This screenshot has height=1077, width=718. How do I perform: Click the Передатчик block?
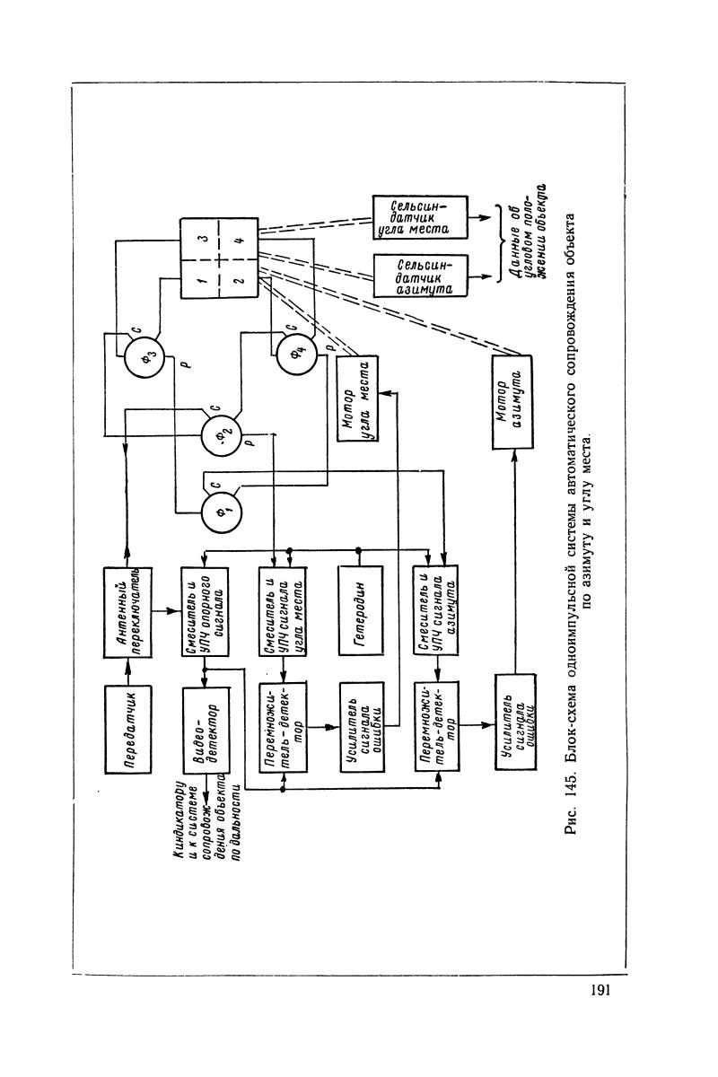click(x=128, y=732)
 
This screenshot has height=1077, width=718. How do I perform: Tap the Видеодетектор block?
click(x=206, y=732)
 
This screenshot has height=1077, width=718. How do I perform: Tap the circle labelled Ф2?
click(x=221, y=435)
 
